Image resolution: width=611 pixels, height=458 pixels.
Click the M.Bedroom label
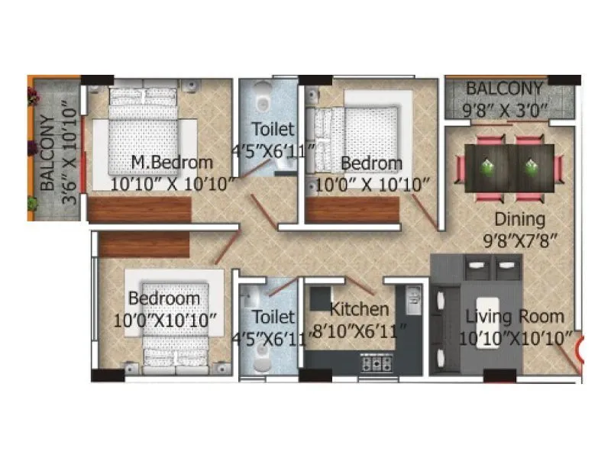(x=171, y=163)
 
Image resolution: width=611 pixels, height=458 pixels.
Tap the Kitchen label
(x=359, y=310)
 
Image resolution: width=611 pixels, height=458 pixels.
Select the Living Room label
(x=515, y=317)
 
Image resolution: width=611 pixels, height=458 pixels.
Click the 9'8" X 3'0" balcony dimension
(x=506, y=108)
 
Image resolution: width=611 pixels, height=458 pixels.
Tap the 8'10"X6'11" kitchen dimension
(x=359, y=331)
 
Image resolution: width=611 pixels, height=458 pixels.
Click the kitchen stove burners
(x=376, y=364)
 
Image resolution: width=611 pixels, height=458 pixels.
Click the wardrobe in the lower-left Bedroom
(x=144, y=244)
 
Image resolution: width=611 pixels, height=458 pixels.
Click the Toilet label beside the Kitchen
(x=273, y=316)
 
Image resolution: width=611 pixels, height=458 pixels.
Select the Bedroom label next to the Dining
(x=371, y=163)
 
